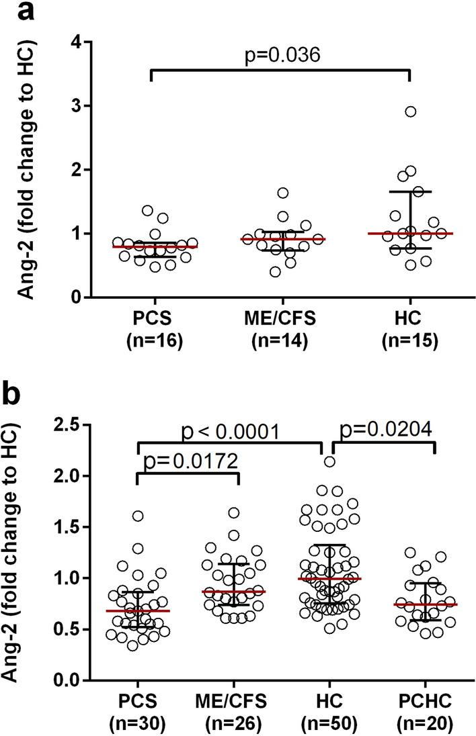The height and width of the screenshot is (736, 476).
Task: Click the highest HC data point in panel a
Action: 410,111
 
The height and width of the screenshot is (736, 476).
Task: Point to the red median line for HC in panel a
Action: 410,234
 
